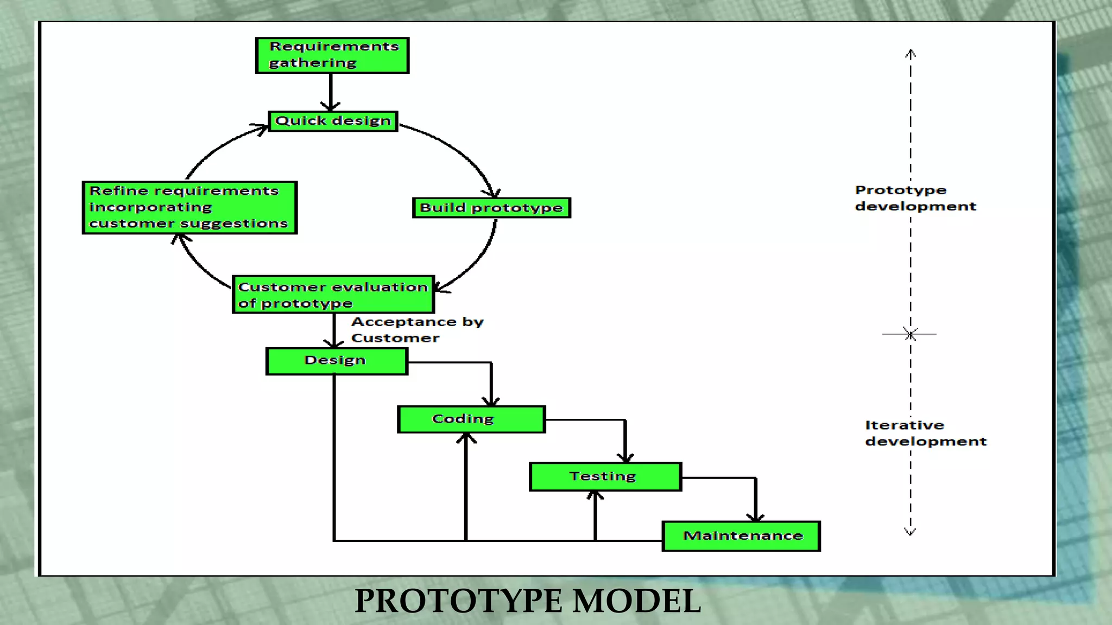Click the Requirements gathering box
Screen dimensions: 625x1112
coord(332,55)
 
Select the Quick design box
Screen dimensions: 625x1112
coord(333,121)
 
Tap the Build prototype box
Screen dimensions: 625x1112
coord(491,208)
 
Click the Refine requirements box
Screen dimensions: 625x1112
coord(189,207)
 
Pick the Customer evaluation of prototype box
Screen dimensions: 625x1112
coord(333,295)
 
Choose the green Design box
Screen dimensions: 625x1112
coord(336,361)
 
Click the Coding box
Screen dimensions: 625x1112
coord(471,419)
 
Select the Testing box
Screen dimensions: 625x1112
coord(605,476)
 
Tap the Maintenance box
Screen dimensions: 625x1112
coord(741,536)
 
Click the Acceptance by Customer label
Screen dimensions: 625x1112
coord(416,330)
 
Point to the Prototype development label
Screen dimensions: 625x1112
coord(915,198)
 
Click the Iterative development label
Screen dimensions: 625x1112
coord(925,433)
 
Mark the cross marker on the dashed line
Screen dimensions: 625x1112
coord(911,334)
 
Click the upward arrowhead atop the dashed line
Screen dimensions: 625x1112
coord(911,53)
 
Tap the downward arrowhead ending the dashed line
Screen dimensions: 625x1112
coord(911,532)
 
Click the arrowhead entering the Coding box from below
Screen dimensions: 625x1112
coord(466,437)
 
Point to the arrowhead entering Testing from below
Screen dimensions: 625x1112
coord(595,495)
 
